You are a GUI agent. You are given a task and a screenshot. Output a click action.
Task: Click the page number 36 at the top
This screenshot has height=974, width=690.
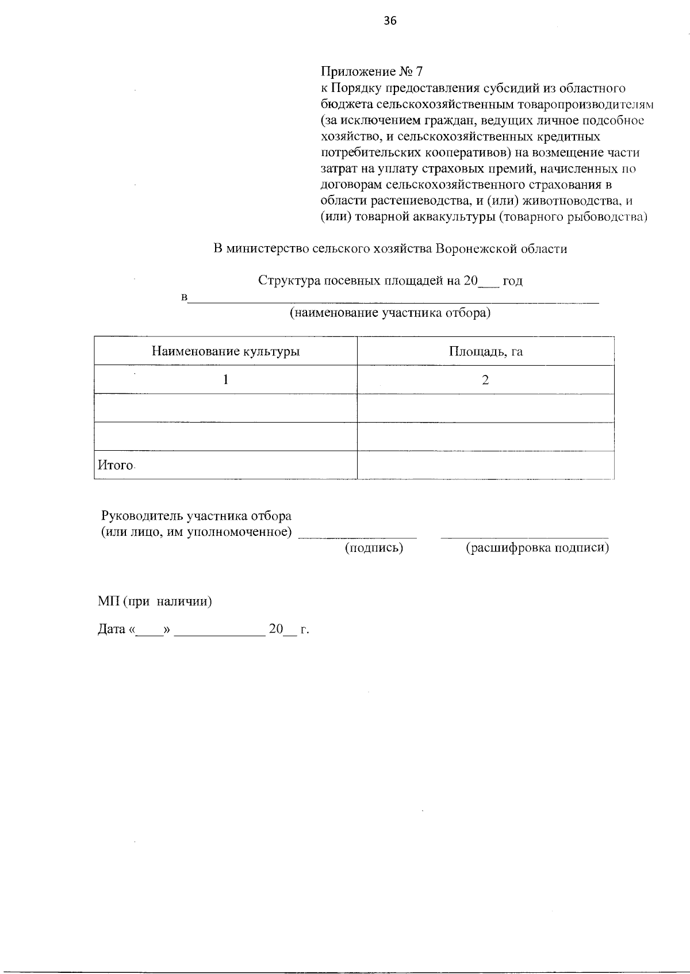(390, 21)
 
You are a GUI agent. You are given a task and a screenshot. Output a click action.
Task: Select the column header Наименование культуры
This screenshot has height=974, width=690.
(225, 351)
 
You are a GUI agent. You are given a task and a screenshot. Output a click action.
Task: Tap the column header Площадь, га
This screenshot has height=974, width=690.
(485, 351)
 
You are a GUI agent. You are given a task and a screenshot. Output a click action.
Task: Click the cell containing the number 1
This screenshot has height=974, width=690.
(225, 380)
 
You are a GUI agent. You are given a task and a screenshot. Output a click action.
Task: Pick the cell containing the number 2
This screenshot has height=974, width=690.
(485, 380)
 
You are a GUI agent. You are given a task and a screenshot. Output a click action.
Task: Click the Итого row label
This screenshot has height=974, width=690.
(115, 465)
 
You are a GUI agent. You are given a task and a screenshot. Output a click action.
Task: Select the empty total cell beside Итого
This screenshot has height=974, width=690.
(485, 465)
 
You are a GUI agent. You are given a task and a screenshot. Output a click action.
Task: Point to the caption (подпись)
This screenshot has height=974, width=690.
(374, 548)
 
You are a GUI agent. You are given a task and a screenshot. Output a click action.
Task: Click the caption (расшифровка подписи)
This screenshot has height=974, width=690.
(536, 548)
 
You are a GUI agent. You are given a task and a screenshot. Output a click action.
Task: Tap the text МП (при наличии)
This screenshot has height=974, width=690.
(155, 602)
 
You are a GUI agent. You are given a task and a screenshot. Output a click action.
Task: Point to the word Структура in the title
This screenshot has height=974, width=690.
(288, 281)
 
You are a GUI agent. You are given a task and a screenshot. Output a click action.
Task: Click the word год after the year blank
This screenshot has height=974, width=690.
(512, 281)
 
